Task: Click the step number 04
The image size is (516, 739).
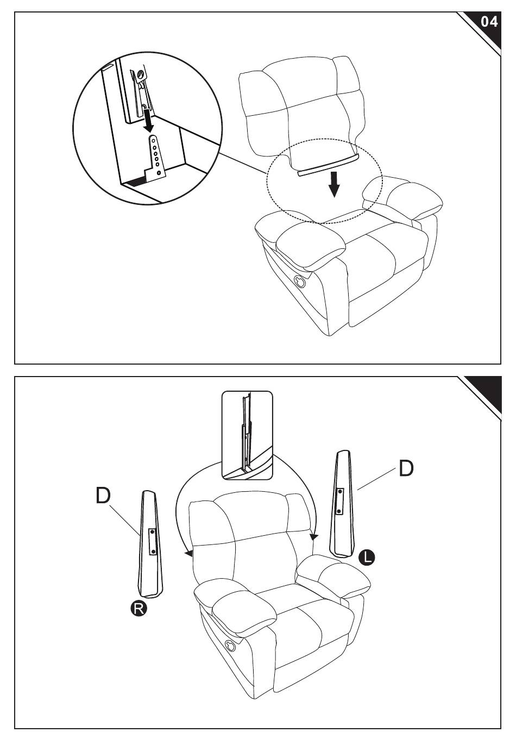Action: pos(489,22)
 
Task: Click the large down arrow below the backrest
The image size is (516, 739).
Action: pos(335,184)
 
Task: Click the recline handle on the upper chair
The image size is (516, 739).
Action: pos(299,281)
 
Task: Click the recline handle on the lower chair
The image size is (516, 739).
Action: pos(230,646)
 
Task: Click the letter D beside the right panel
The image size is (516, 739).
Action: pos(406,468)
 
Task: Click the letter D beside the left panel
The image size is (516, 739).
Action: pos(104,495)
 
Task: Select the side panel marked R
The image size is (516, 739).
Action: pos(151,543)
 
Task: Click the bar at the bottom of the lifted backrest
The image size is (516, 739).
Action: pos(329,165)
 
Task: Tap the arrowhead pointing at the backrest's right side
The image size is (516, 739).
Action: pos(312,537)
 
